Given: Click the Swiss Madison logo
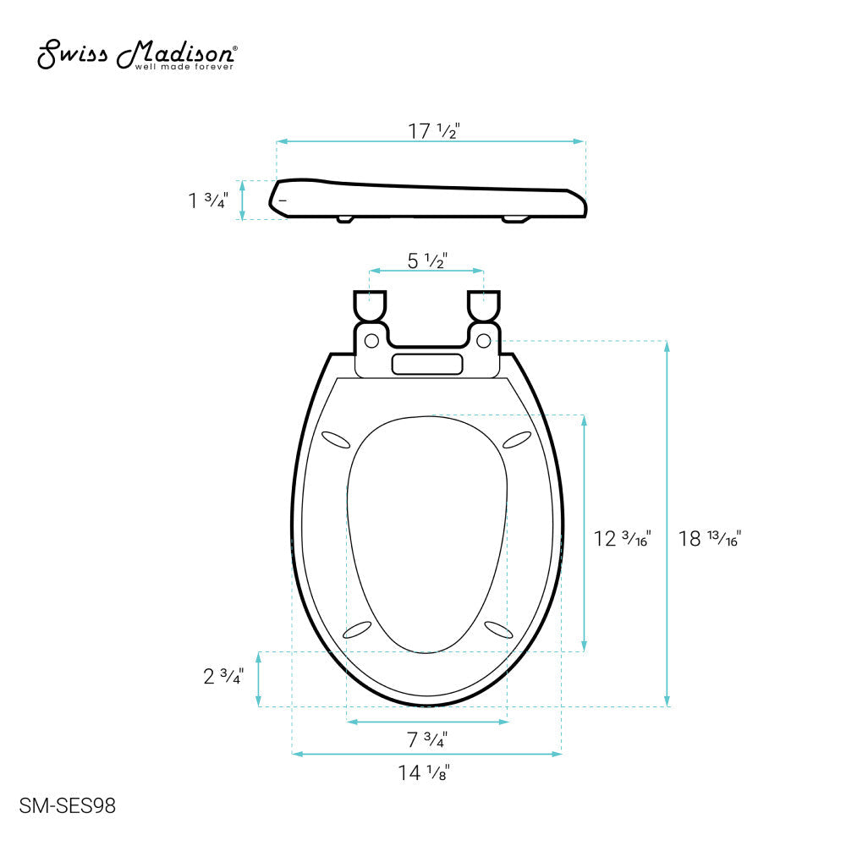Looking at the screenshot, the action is [137, 54].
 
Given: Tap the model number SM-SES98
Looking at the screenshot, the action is [68, 806].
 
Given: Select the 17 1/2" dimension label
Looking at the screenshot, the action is [433, 130].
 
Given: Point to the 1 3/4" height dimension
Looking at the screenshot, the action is [208, 201].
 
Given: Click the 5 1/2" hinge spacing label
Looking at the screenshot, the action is [426, 261].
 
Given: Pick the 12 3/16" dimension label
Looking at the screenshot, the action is [622, 538].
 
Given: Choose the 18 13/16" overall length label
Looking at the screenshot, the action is [710, 538].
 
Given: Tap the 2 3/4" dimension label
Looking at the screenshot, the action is [223, 676].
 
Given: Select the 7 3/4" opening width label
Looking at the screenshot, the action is [426, 739].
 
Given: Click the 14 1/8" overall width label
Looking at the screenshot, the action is [424, 772].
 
